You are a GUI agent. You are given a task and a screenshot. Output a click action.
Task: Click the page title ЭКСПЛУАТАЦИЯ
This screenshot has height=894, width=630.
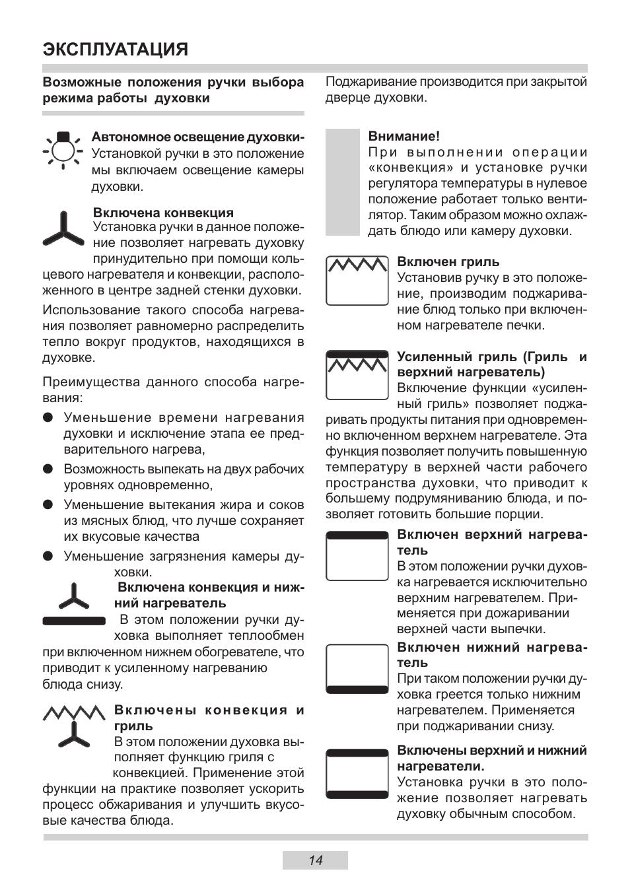point(115,50)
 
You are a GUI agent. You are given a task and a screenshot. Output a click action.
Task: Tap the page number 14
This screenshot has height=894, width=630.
point(315,860)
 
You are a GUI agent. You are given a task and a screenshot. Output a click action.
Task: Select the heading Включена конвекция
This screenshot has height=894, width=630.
point(163,213)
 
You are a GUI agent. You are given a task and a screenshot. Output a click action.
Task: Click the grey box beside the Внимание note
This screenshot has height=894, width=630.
point(342,182)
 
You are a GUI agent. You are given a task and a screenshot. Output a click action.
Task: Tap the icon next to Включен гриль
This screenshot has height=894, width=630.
point(357,281)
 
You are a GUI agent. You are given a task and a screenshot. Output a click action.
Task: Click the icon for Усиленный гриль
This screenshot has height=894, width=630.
point(357,375)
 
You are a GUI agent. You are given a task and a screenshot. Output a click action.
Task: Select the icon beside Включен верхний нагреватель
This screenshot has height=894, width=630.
point(357,555)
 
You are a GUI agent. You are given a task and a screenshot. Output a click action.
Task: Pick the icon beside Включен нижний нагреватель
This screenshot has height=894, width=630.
point(357,669)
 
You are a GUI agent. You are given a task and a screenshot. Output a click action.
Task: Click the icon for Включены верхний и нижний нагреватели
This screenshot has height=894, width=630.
point(357,774)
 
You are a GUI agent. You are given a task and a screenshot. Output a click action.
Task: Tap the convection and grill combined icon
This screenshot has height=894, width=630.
point(74,726)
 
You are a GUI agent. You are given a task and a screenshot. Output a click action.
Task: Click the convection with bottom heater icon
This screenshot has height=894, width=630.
point(73,604)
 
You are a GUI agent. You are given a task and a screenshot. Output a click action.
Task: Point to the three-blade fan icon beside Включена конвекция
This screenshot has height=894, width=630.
point(64,231)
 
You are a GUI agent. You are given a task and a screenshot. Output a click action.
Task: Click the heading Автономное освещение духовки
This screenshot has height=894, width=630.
point(197,137)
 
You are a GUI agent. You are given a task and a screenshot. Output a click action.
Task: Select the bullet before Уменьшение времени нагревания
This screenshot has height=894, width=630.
point(48,417)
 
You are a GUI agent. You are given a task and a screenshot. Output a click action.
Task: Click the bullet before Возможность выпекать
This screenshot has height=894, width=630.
point(48,469)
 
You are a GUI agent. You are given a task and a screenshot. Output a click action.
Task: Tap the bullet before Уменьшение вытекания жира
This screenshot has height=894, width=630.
point(48,504)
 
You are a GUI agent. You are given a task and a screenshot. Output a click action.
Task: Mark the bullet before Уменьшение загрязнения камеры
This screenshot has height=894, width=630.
point(48,556)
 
